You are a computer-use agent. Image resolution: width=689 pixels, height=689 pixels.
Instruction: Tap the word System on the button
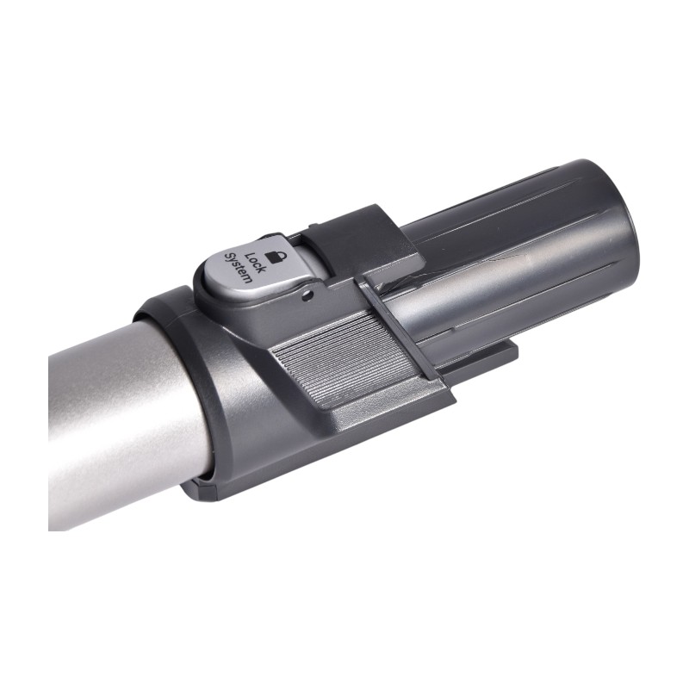click(238, 268)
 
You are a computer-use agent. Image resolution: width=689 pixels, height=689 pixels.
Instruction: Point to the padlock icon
click(276, 256)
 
